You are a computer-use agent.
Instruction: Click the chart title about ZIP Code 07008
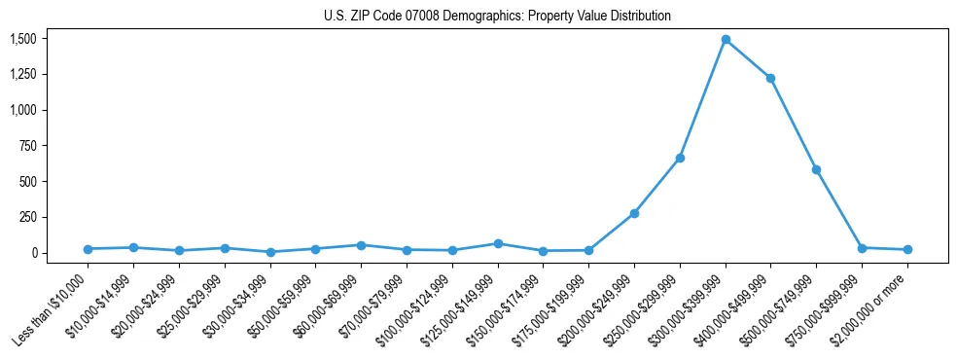pos(497,17)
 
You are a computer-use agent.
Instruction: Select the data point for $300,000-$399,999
pos(726,40)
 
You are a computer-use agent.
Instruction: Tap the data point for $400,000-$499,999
pos(771,78)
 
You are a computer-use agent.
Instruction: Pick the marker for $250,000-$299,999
pos(680,158)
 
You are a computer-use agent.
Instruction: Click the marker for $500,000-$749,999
pos(817,169)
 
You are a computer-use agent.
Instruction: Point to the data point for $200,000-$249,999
pos(634,213)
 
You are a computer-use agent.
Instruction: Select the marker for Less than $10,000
pos(88,249)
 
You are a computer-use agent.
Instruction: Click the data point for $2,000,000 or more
pos(907,250)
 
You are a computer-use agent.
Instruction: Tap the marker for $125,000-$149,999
pos(498,243)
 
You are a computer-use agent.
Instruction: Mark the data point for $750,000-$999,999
pos(862,248)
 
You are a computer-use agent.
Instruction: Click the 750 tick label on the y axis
pos(27,146)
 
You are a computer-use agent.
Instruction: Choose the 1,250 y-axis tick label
pos(22,75)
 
